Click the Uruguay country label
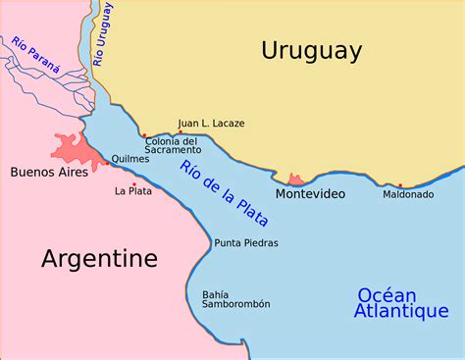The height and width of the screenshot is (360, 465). (x=311, y=51)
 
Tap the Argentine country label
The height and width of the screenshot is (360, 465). (x=99, y=258)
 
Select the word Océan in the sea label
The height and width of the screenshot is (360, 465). (x=387, y=295)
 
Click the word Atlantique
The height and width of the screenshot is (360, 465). (x=401, y=312)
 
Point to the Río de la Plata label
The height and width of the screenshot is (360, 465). (x=224, y=194)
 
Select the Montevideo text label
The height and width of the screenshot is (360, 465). (x=310, y=194)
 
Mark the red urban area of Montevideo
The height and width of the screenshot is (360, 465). (x=295, y=180)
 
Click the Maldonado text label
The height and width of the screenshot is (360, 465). (x=408, y=194)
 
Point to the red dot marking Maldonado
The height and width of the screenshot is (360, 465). (x=400, y=185)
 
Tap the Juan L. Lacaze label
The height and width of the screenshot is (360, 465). (x=211, y=124)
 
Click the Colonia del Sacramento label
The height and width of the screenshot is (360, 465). (x=173, y=145)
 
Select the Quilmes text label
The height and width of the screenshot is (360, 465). (x=130, y=159)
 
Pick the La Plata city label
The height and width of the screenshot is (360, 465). (x=133, y=191)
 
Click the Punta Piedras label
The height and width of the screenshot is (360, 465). (x=246, y=243)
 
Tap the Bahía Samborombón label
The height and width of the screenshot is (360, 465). (x=235, y=299)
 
